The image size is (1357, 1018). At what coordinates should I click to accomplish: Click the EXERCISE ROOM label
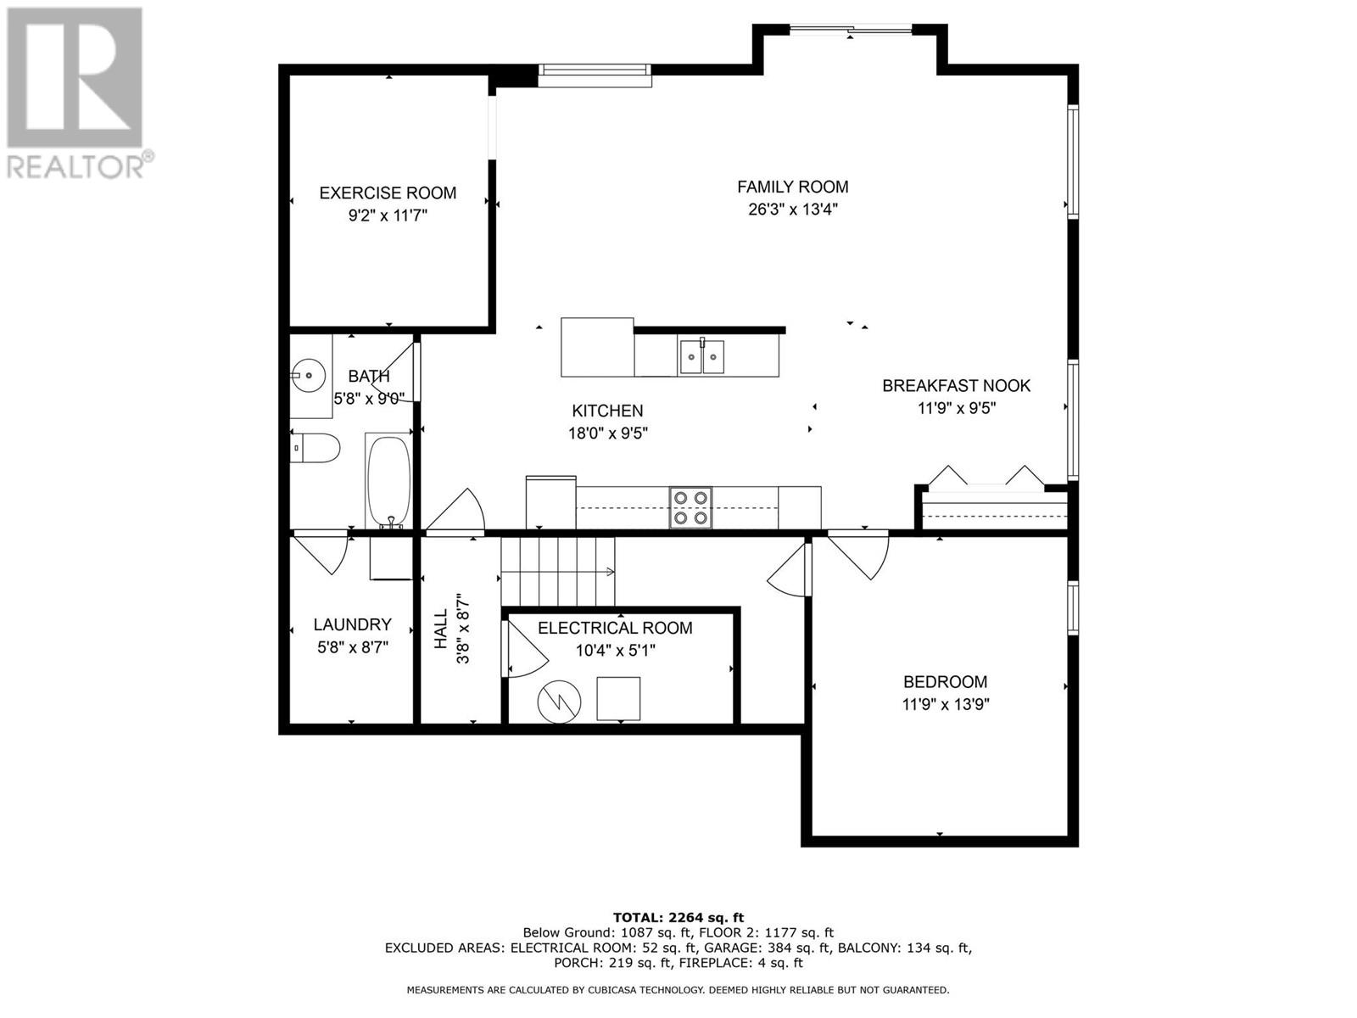tap(388, 193)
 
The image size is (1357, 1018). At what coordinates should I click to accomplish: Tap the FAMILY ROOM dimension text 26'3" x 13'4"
tap(792, 210)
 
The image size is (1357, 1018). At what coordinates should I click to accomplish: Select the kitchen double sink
tap(701, 356)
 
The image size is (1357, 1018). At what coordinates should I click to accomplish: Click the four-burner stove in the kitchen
tap(690, 507)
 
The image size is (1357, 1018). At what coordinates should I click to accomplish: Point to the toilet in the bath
tap(316, 448)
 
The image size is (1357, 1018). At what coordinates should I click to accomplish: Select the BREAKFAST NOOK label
tap(956, 386)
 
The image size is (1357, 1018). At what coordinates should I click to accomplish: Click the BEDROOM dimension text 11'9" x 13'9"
tap(946, 704)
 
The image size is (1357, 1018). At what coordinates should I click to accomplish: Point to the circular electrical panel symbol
tap(559, 702)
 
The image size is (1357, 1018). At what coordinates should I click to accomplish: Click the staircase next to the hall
tap(557, 572)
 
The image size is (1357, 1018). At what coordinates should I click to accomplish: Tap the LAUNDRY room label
tap(352, 624)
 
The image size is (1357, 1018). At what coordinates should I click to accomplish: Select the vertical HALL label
tap(441, 629)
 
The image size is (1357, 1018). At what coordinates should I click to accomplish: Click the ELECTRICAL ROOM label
tap(615, 628)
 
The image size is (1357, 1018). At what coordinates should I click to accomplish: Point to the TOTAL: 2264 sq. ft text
tap(678, 917)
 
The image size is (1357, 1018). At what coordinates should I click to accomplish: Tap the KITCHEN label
tap(607, 411)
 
